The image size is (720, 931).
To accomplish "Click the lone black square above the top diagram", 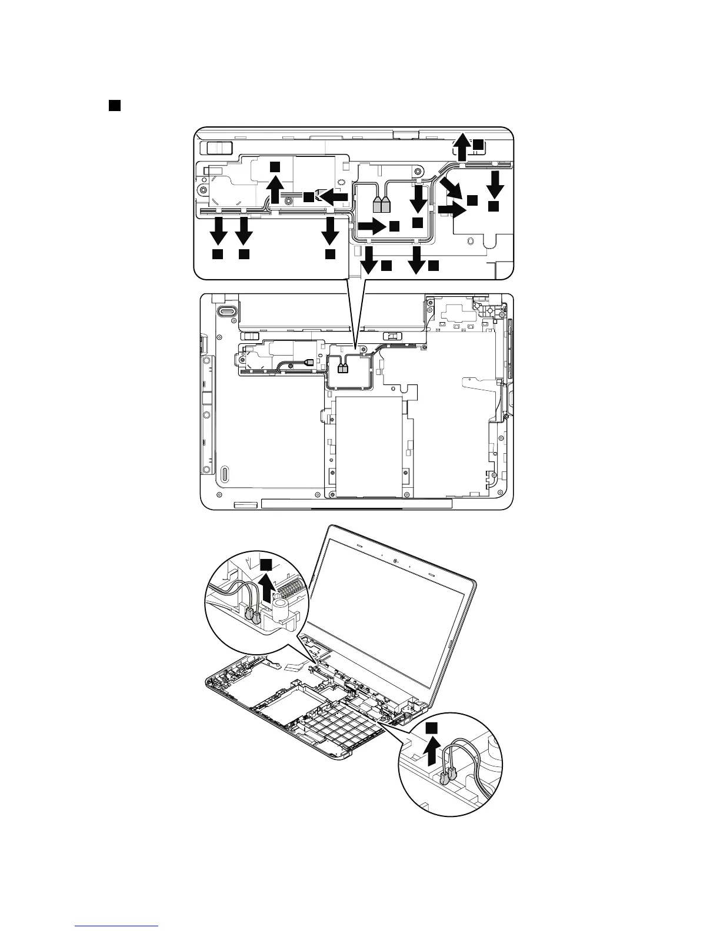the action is [x=114, y=105].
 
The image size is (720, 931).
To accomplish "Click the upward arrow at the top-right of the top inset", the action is [x=463, y=146].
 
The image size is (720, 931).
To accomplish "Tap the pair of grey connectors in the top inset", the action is [x=382, y=205].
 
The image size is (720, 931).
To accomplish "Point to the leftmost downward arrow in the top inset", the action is [x=218, y=230].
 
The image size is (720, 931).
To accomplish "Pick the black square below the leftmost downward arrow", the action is [x=217, y=254].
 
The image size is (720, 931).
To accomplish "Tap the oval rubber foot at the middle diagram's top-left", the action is [x=226, y=310].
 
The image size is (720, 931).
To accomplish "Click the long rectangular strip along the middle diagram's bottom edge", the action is [x=356, y=504].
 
